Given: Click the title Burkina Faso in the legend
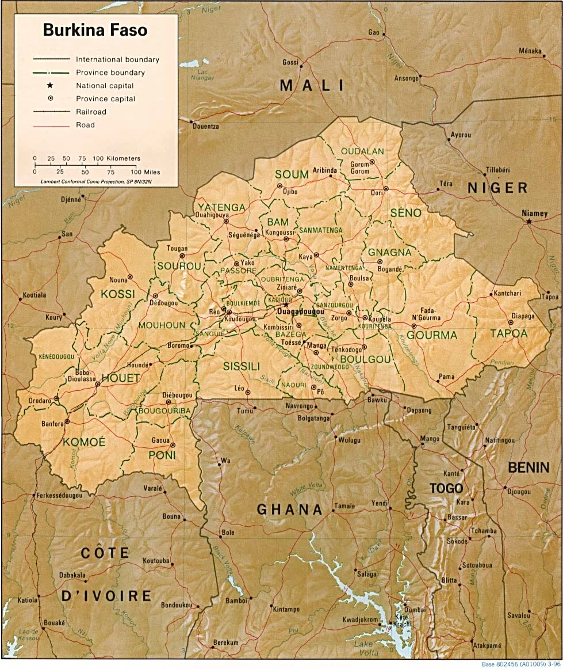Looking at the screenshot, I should [95, 30].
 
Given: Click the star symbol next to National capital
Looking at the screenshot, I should [50, 85].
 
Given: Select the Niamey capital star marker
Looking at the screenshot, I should [528, 221].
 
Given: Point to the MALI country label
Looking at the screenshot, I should [312, 86].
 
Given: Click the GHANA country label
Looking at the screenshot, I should [289, 509].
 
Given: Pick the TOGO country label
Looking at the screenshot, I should [446, 488].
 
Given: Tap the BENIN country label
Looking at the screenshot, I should [528, 467].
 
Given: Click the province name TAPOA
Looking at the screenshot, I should [508, 333].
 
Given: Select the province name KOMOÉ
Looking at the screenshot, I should [84, 442].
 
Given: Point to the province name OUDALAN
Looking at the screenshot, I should [362, 151].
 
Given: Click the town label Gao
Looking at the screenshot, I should [374, 33].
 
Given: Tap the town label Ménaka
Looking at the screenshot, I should [530, 51].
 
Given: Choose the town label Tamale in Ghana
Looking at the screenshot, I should [345, 506].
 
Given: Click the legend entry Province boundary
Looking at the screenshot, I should [110, 73].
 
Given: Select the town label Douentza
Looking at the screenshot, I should [206, 126].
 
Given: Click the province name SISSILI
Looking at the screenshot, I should [242, 366].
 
